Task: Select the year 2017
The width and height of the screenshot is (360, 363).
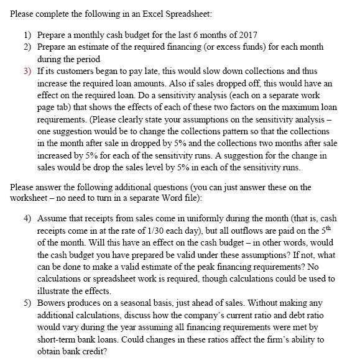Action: tap(247, 34)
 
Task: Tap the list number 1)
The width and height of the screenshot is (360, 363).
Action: tap(28, 34)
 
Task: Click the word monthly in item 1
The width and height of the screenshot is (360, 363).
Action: tap(90, 34)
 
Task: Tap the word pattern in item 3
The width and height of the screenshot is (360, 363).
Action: tap(196, 131)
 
